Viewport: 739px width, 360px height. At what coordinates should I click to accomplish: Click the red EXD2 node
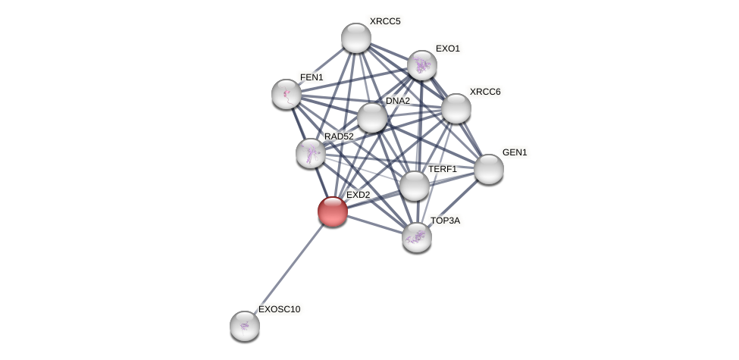(x=333, y=211)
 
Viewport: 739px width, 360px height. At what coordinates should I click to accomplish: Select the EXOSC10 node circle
(x=245, y=326)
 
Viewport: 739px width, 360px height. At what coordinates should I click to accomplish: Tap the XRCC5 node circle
(x=356, y=38)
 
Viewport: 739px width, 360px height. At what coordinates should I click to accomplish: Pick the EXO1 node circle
(x=422, y=65)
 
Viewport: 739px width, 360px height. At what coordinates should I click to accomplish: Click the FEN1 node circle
(x=287, y=94)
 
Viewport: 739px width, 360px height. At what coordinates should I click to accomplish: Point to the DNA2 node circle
(x=372, y=117)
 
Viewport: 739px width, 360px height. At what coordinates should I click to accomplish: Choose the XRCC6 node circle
(x=456, y=108)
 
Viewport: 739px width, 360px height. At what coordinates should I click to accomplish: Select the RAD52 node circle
(x=311, y=153)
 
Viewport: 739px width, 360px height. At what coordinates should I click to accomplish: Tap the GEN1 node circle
(x=489, y=169)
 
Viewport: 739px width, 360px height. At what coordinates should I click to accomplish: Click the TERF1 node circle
(x=415, y=186)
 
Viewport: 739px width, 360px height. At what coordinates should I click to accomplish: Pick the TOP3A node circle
(x=417, y=237)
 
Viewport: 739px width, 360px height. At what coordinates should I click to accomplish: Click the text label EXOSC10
(x=279, y=309)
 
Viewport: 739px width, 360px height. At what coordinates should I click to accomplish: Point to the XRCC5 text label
(x=384, y=21)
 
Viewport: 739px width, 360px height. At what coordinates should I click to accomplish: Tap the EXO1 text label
(x=447, y=49)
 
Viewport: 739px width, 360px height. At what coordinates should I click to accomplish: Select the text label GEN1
(x=515, y=152)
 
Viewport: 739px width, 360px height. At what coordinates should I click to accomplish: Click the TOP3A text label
(x=445, y=221)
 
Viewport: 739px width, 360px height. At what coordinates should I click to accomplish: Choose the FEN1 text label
(x=312, y=77)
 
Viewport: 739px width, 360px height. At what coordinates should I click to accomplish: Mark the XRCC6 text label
(x=484, y=92)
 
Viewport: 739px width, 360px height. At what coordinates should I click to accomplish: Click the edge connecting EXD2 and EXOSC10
(x=289, y=268)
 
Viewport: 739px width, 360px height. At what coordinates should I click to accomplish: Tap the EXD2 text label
(x=358, y=195)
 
